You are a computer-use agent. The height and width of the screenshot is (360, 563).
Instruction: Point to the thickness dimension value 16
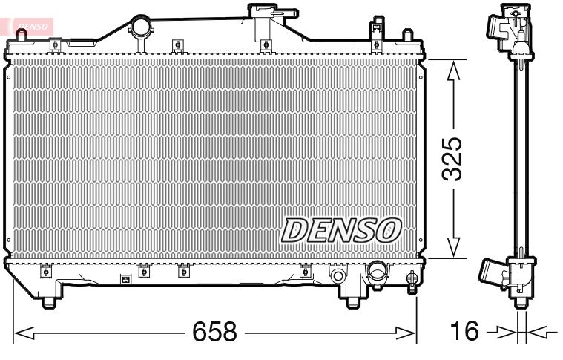pos(466,332)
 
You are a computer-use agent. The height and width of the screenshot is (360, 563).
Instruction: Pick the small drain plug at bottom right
pos(412,279)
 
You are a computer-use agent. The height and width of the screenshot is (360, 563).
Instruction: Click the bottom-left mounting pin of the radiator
pos(49,300)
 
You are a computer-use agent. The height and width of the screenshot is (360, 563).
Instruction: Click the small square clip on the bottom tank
pos(125,280)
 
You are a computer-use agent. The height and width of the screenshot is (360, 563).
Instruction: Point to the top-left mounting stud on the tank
pos(55,45)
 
